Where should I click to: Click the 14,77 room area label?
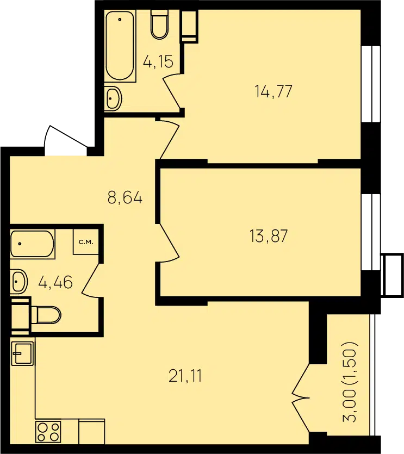pyautogui.click(x=274, y=91)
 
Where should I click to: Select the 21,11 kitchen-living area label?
pyautogui.click(x=185, y=376)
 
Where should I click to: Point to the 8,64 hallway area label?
pyautogui.click(x=125, y=198)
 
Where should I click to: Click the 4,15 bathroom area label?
pyautogui.click(x=158, y=61)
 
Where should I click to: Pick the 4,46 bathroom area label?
pyautogui.click(x=55, y=282)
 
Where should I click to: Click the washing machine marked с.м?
pyautogui.click(x=86, y=242)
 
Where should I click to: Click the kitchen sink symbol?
pyautogui.click(x=23, y=353)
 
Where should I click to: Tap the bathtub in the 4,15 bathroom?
pyautogui.click(x=120, y=46)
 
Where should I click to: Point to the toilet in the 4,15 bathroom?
pyautogui.click(x=159, y=24)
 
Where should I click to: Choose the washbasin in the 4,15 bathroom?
pyautogui.click(x=113, y=98)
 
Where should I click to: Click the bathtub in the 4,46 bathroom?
pyautogui.click(x=33, y=244)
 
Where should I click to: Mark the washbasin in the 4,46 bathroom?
pyautogui.click(x=19, y=282)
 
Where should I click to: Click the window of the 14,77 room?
pyautogui.click(x=371, y=84)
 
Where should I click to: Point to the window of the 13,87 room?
pyautogui.click(x=371, y=232)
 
